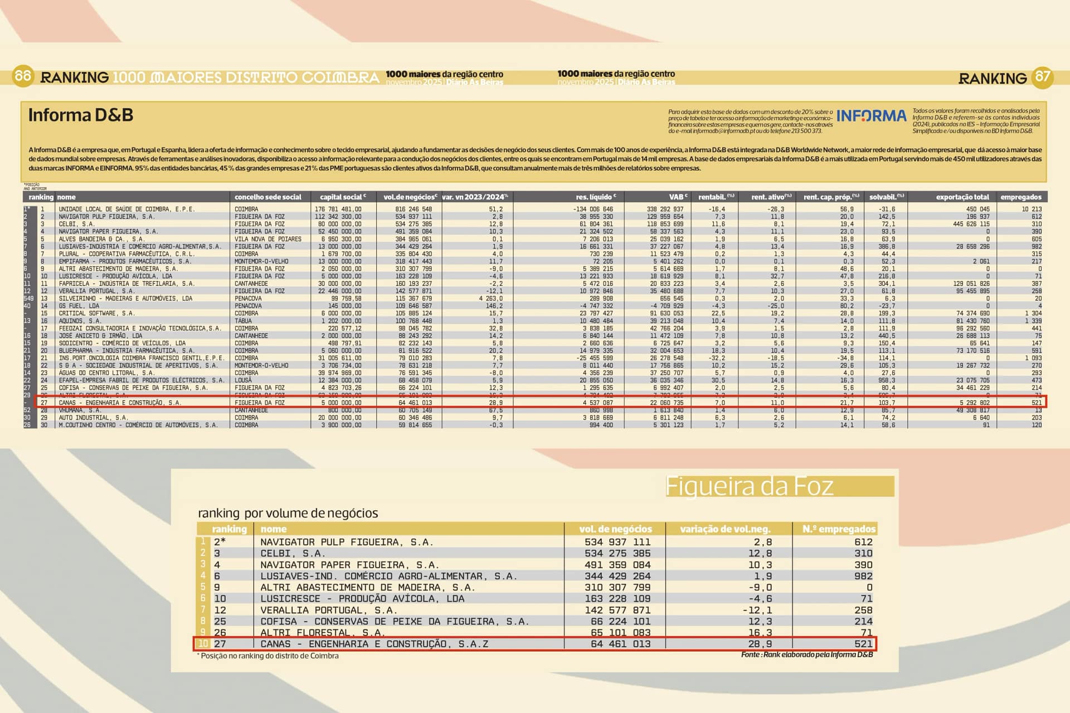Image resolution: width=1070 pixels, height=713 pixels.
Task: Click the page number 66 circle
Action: [22, 75]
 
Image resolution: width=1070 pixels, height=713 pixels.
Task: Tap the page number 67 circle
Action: [1043, 77]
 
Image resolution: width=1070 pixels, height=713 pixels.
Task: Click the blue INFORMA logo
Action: [871, 116]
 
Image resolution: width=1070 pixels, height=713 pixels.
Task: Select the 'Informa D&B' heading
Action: [81, 115]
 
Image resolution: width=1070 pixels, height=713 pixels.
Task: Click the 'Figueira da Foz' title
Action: [750, 486]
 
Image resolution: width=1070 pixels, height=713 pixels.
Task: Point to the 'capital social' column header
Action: [342, 197]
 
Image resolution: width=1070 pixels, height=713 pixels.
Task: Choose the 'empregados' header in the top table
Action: [1020, 197]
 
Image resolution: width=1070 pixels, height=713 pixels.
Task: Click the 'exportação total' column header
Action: [962, 197]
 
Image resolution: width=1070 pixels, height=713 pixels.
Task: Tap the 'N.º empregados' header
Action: [839, 529]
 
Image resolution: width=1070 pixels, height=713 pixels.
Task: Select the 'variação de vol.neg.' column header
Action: [725, 529]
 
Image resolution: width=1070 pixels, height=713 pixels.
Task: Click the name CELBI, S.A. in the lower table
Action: [293, 553]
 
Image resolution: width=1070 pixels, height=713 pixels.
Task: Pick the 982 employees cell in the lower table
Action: [863, 576]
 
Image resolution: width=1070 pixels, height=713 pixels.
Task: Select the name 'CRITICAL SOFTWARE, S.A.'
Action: [97, 314]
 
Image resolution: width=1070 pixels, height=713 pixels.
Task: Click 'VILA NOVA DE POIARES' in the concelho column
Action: [267, 239]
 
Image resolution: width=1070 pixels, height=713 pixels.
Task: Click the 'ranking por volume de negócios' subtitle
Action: [288, 513]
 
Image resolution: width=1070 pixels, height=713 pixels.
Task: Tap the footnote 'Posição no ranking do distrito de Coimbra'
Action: [269, 656]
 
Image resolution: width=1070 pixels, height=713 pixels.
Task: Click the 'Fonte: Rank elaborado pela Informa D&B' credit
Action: [807, 655]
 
